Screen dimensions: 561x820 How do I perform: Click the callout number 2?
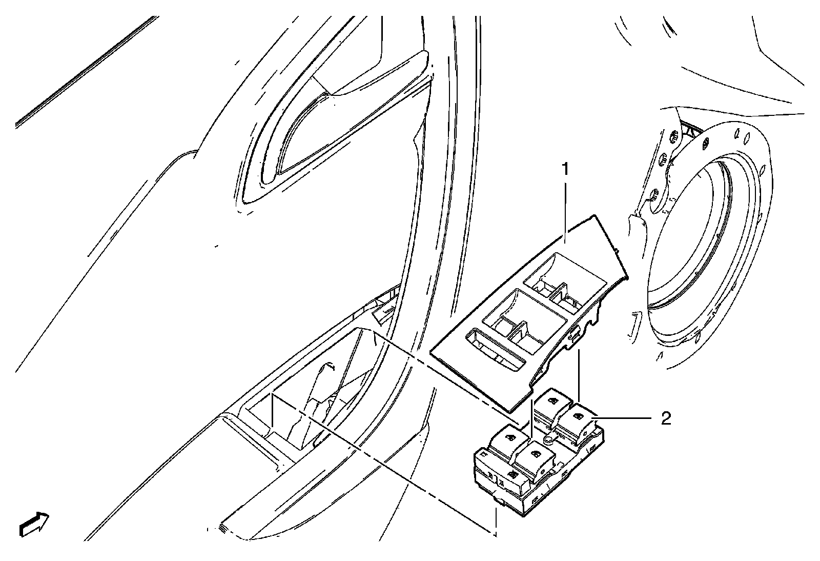[x=665, y=418]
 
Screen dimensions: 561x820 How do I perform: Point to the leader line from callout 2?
[x=623, y=419]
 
